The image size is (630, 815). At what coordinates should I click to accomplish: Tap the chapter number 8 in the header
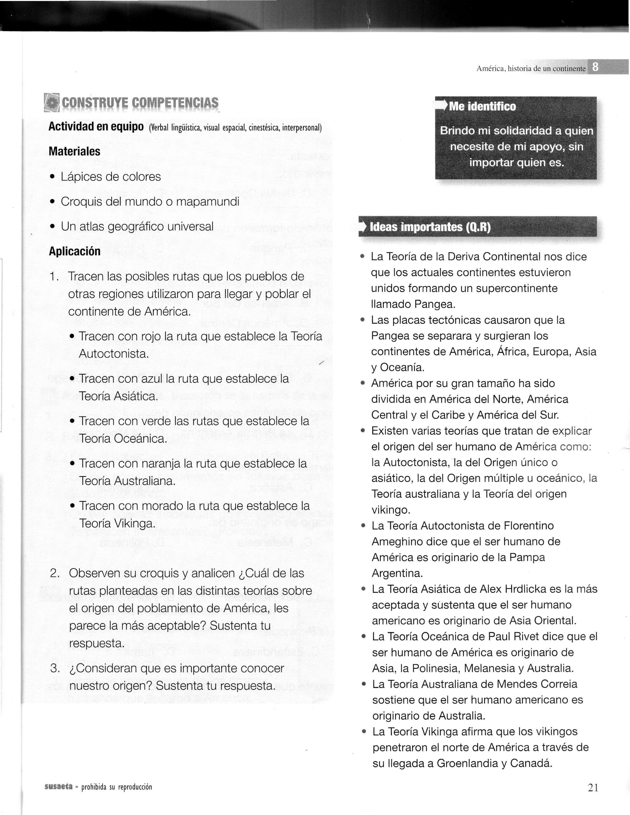point(596,67)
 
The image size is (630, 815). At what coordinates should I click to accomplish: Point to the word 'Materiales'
point(75,151)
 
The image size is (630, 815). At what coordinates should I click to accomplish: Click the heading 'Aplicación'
point(75,251)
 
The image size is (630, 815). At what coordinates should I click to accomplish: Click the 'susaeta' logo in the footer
point(58,787)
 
